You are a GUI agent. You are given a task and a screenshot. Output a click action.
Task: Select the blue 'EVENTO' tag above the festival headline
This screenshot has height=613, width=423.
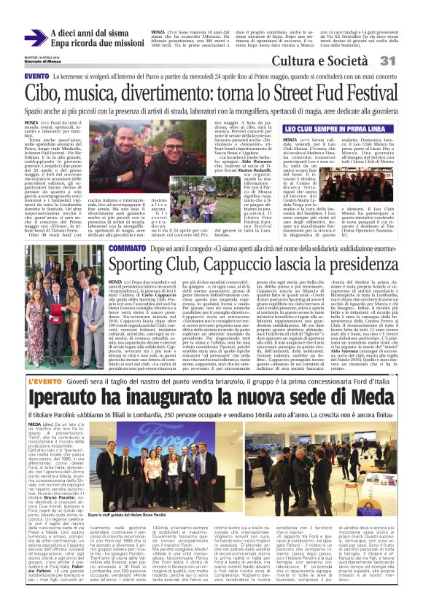tap(36, 76)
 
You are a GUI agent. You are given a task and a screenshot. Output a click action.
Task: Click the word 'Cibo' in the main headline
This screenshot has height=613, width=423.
tap(43, 93)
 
